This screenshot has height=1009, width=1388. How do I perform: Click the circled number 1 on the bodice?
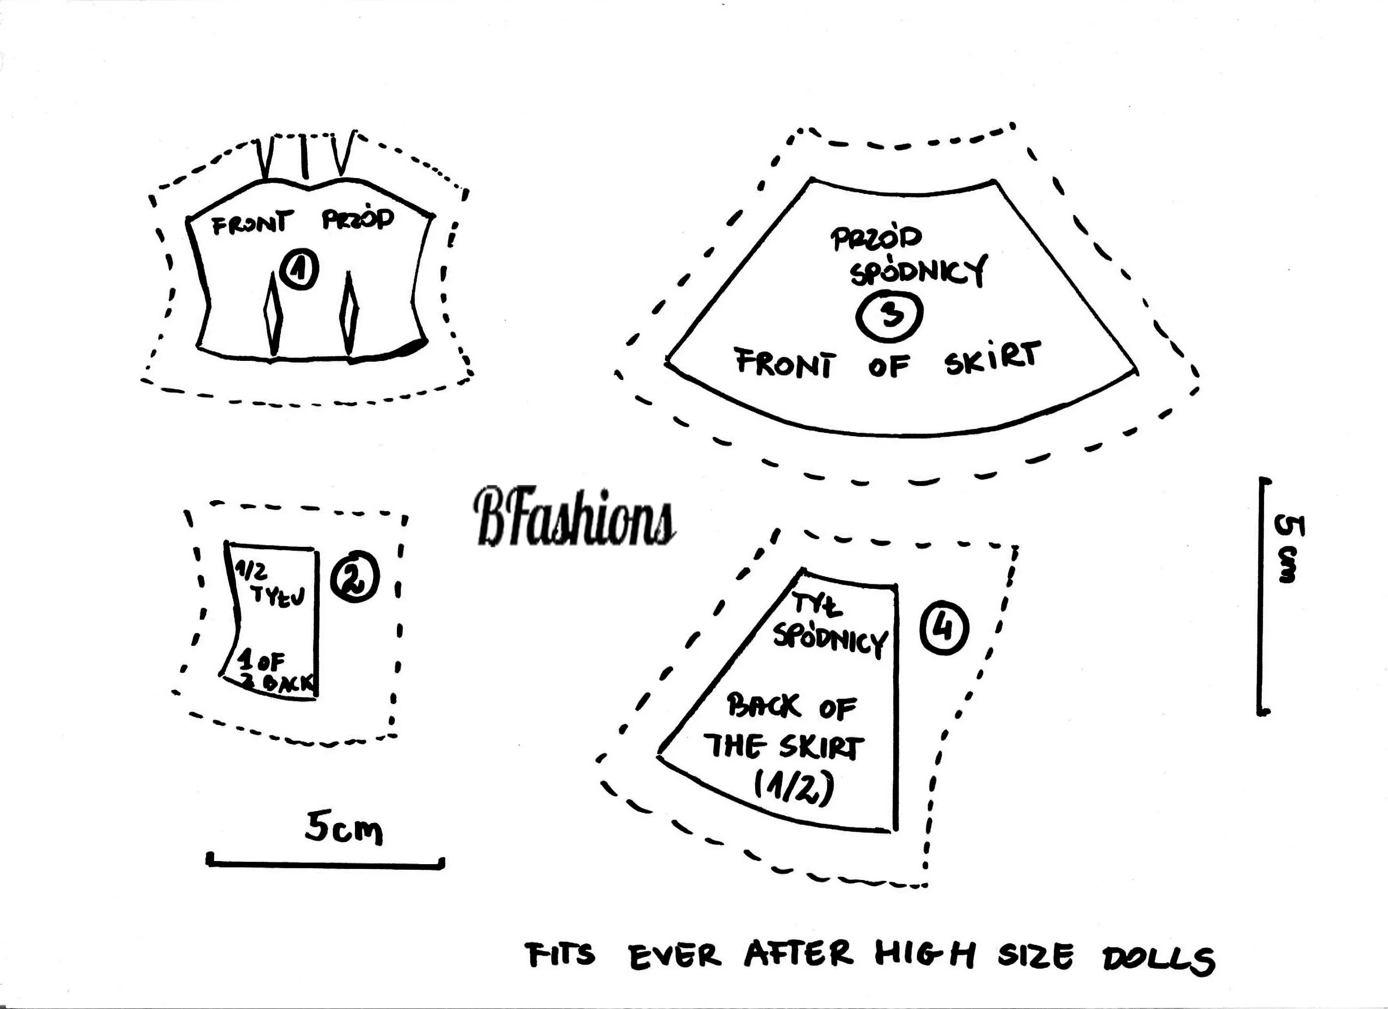tap(298, 271)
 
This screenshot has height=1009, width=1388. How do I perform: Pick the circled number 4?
tap(945, 629)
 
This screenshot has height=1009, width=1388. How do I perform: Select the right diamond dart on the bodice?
tap(349, 311)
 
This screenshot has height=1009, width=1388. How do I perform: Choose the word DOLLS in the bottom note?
tap(1159, 959)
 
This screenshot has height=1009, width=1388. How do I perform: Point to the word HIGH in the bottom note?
tap(924, 954)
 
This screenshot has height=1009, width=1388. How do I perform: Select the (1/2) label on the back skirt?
tap(794, 789)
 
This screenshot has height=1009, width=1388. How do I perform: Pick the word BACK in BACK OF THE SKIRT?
tap(763, 706)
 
